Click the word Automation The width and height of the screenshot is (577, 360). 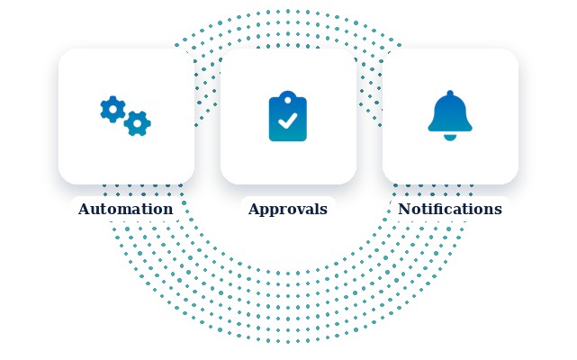125,209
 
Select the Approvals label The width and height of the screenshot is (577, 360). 288,210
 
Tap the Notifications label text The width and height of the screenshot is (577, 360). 450,209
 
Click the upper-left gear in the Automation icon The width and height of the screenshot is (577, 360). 113,109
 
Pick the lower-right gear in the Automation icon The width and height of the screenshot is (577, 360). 137,123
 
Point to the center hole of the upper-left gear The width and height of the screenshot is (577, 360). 113,109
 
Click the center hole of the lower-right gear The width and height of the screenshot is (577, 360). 137,123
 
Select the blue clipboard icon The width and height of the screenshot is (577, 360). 288,116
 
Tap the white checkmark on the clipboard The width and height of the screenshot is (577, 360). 288,121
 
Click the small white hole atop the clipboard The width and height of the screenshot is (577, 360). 288,100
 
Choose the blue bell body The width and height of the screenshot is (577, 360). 450,112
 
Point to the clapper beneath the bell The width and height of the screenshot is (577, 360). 450,138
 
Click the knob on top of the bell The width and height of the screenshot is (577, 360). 450,94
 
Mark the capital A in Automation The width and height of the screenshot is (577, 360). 84,209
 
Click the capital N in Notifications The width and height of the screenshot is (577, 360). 404,209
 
